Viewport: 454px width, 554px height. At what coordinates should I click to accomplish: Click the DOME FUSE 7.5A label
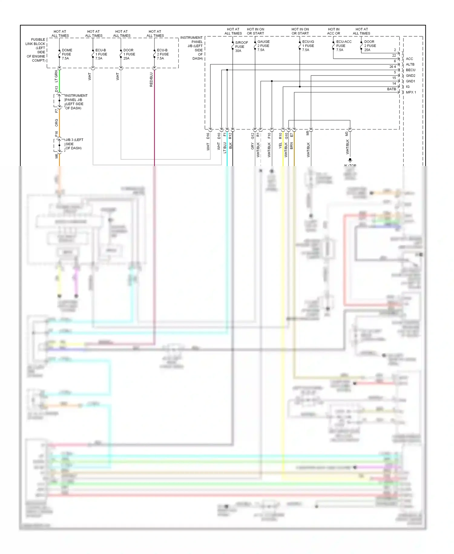(67, 54)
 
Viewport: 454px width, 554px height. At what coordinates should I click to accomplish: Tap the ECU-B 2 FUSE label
(162, 54)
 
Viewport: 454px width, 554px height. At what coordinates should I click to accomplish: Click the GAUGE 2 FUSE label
(263, 46)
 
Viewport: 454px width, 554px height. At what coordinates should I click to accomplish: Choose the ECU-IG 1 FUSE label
(308, 46)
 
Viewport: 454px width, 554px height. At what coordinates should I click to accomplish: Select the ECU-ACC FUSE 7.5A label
(344, 46)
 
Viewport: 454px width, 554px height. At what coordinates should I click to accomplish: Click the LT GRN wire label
(56, 76)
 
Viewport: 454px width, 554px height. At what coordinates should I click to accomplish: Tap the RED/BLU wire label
(151, 80)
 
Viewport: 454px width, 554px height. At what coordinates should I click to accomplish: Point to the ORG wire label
(56, 122)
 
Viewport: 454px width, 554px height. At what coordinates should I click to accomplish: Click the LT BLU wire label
(225, 148)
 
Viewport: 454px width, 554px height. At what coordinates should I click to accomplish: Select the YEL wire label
(280, 146)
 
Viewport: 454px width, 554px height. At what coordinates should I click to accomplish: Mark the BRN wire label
(291, 146)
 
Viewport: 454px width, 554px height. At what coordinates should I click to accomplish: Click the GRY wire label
(252, 146)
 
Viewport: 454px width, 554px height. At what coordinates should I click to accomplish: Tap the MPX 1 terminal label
(411, 92)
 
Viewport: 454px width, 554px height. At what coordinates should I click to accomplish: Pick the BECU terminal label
(410, 70)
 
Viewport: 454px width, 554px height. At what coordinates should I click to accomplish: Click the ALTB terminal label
(410, 65)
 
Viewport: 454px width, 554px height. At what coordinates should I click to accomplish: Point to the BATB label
(391, 89)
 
